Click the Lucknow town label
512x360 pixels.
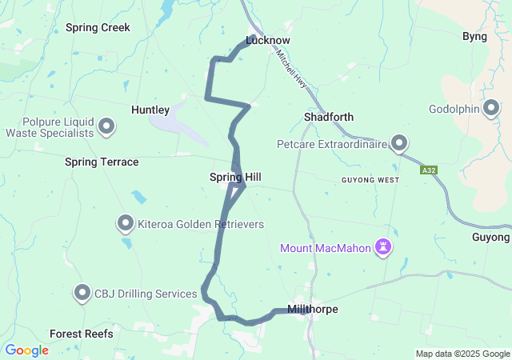[x=268, y=40]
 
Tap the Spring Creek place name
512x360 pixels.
[x=98, y=27]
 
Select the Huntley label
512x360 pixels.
[x=150, y=110]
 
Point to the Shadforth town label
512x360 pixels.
[x=329, y=117]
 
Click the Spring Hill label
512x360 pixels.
[x=235, y=177]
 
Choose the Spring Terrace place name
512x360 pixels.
[x=102, y=162]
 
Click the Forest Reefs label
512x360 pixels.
[x=82, y=334]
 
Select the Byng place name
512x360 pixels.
[x=475, y=36]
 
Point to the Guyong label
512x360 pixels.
[x=490, y=238]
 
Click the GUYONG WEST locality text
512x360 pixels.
[x=370, y=180]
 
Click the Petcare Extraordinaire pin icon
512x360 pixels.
[x=399, y=144]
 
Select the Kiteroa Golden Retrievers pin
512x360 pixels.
[x=126, y=223]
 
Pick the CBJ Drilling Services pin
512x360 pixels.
[x=82, y=293]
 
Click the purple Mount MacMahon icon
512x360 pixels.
[x=385, y=247]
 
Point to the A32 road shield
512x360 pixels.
[x=428, y=170]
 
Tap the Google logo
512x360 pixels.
[x=26, y=350]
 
